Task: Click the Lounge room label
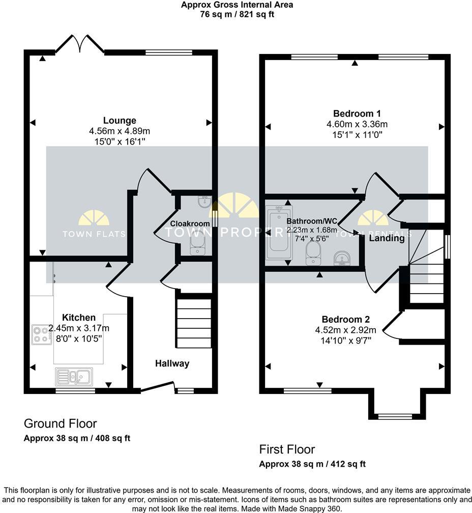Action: coord(120,121)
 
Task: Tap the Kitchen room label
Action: coord(79,318)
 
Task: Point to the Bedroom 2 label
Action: coord(345,320)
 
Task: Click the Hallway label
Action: coord(172,363)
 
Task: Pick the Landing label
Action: coord(387,238)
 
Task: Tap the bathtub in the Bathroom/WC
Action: coord(278,232)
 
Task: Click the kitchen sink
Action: coord(74,377)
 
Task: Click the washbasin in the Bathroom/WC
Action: coord(341,259)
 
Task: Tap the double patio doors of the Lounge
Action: coord(79,45)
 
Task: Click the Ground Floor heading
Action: coord(61,423)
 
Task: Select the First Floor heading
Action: coord(287,449)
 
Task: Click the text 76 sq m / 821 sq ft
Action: coord(237,14)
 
